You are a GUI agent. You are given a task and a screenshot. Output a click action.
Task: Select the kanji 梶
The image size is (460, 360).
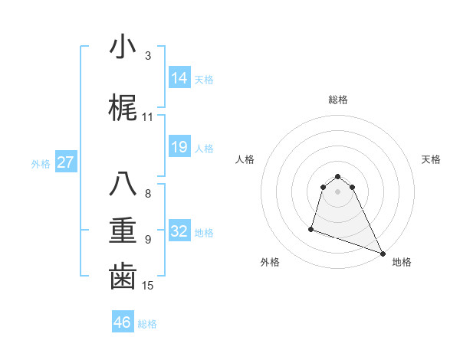tap(123, 108)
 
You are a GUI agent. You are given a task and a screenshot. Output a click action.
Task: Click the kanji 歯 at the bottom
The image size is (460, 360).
tap(123, 277)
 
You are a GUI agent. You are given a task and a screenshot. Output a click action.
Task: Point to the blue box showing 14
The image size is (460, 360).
tap(179, 77)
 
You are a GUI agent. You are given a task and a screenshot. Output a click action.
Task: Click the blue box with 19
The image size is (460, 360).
tap(179, 147)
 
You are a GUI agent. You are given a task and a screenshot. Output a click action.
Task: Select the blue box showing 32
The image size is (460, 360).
tap(179, 231)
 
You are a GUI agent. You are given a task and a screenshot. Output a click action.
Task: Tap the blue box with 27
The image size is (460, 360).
tap(66, 162)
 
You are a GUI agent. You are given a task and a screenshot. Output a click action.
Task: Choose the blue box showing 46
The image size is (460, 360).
tap(123, 322)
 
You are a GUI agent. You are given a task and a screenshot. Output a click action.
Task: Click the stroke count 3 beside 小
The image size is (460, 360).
tap(147, 56)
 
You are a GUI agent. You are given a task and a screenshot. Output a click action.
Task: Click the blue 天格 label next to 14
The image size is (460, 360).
tap(204, 79)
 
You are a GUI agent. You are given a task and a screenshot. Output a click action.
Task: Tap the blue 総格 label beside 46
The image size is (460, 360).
tap(147, 324)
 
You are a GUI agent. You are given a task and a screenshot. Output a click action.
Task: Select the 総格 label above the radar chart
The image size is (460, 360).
tap(337, 100)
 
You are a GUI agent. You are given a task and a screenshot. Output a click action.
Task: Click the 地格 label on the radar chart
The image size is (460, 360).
tap(402, 262)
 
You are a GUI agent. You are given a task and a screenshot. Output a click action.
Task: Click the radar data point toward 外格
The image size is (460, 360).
tap(311, 228)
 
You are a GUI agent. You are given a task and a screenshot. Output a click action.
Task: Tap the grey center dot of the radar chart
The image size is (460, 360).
tap(337, 191)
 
